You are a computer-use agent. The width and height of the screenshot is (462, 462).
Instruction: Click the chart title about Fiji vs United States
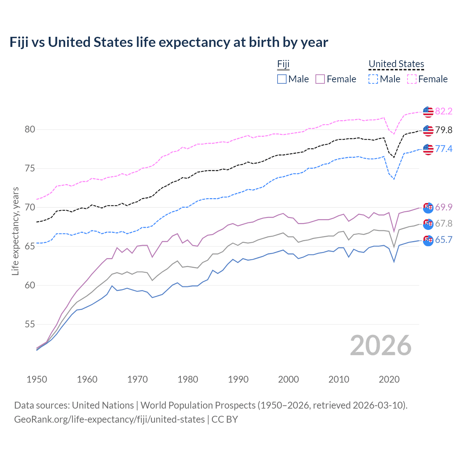tap(169, 42)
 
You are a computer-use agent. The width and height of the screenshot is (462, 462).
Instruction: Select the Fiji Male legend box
tap(282, 79)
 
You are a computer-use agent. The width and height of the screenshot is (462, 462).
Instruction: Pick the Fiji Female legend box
tap(320, 79)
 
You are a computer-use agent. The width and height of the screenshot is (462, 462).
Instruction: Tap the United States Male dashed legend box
tap(373, 79)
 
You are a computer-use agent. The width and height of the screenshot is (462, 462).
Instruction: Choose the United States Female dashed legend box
tap(412, 79)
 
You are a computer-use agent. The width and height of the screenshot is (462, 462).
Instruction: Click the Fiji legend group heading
tap(283, 64)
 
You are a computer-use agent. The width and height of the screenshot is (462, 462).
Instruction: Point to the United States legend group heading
tap(396, 64)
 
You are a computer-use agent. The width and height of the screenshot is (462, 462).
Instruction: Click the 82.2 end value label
tap(444, 111)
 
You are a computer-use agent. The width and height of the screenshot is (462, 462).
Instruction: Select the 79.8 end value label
tap(444, 130)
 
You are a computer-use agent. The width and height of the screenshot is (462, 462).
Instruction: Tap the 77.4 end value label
tap(444, 149)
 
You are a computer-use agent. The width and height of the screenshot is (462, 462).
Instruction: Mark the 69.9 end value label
tap(444, 207)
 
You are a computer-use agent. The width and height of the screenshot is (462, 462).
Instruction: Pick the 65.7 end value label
tap(444, 240)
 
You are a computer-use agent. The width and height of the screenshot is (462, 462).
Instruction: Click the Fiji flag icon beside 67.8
tap(428, 224)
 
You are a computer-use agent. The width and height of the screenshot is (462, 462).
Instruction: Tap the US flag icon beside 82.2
tap(428, 112)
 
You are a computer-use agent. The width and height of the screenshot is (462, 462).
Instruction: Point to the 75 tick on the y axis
tap(30, 169)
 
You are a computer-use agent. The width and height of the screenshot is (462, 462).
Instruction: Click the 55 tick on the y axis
tap(30, 324)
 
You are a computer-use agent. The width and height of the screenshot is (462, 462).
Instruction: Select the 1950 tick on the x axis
tap(37, 379)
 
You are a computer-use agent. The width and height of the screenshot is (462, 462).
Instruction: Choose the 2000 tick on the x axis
tap(288, 379)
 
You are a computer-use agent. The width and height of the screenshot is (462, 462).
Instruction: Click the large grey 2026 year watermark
tap(381, 346)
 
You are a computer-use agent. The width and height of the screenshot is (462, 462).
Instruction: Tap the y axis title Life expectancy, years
tap(16, 231)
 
